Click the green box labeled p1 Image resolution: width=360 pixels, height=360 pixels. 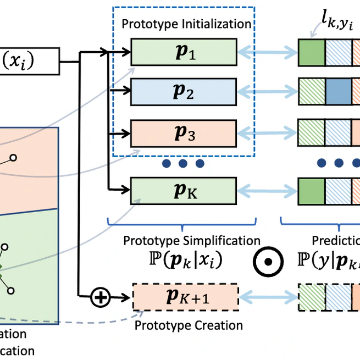point(184,53)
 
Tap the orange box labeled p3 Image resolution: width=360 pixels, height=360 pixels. point(184,132)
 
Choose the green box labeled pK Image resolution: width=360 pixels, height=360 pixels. point(184,190)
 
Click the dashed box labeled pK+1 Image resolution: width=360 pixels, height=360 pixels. point(186,297)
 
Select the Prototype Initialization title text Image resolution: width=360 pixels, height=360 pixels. point(186,24)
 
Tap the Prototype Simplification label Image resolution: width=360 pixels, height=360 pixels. point(191,241)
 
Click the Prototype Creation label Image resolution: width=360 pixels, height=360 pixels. point(189,325)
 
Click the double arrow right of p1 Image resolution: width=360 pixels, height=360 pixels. point(267,53)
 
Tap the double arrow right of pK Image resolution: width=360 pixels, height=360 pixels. point(267,190)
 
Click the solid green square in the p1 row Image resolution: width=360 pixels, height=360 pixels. point(312,53)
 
